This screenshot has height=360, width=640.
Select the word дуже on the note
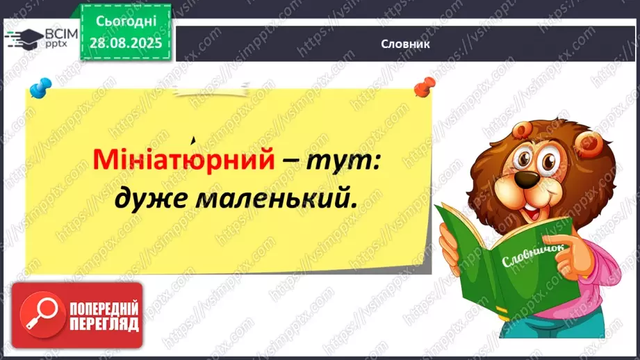[145, 200]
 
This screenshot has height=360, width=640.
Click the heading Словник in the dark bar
[407, 43]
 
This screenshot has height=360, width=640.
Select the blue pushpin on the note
[40, 89]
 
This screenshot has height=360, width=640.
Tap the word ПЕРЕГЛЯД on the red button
[104, 323]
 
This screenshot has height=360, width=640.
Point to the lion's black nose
[532, 179]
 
